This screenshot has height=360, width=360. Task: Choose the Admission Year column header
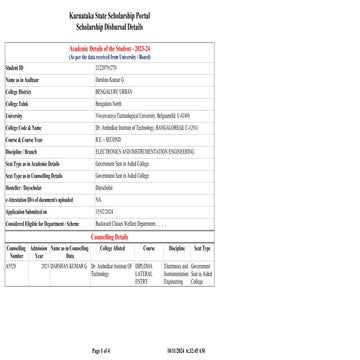pos(40,247)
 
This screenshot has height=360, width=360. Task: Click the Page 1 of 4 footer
pos(100,352)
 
